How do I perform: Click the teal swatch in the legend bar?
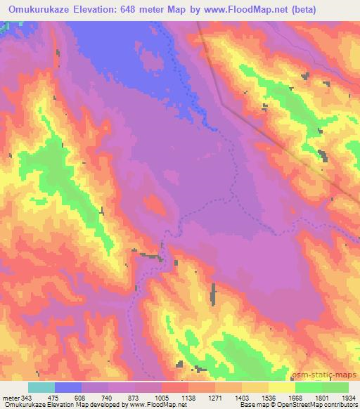tap(41, 387)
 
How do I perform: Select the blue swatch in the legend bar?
tap(68, 387)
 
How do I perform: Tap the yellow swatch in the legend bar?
tap(282, 387)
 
